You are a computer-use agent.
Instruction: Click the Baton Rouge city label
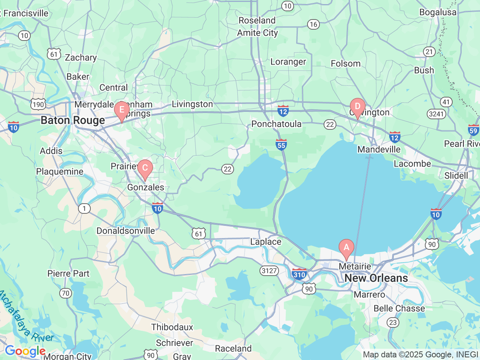point(73,120)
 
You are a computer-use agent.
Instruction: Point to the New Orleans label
point(376,278)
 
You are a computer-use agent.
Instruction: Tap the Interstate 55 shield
point(281,144)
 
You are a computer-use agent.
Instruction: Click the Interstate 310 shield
point(299,274)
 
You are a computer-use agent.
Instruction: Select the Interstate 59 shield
point(473,130)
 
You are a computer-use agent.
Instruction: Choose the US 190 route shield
point(38,104)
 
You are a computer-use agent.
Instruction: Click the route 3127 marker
point(269,270)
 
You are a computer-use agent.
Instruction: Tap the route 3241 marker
point(436,114)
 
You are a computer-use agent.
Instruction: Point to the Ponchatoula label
point(276,124)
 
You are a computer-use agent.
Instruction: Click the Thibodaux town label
point(172,327)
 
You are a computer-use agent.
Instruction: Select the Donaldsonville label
point(126,231)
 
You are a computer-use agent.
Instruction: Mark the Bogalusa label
point(438,12)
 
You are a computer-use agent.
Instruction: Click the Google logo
point(25,351)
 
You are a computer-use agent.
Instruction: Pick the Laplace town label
point(265,242)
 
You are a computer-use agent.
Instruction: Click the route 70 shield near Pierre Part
point(66,293)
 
